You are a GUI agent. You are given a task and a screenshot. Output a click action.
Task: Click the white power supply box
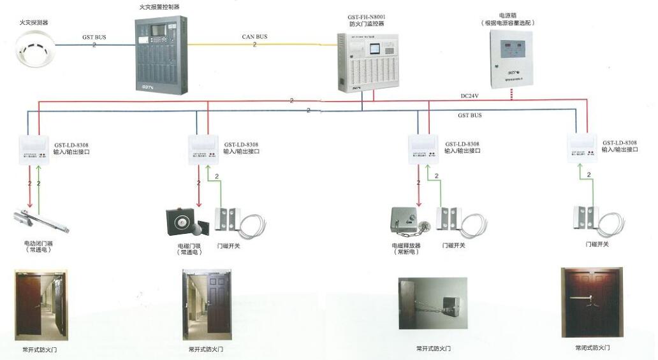coord(512,59)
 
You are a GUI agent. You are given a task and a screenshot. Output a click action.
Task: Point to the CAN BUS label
coord(254,37)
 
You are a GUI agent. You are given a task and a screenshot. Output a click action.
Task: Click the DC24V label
coord(471,96)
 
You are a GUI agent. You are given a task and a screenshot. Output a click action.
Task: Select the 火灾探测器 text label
coord(33,22)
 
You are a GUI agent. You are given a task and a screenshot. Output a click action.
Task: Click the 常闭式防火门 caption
coord(592,348)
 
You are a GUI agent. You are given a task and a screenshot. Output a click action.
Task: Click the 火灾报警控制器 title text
coord(159,7)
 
